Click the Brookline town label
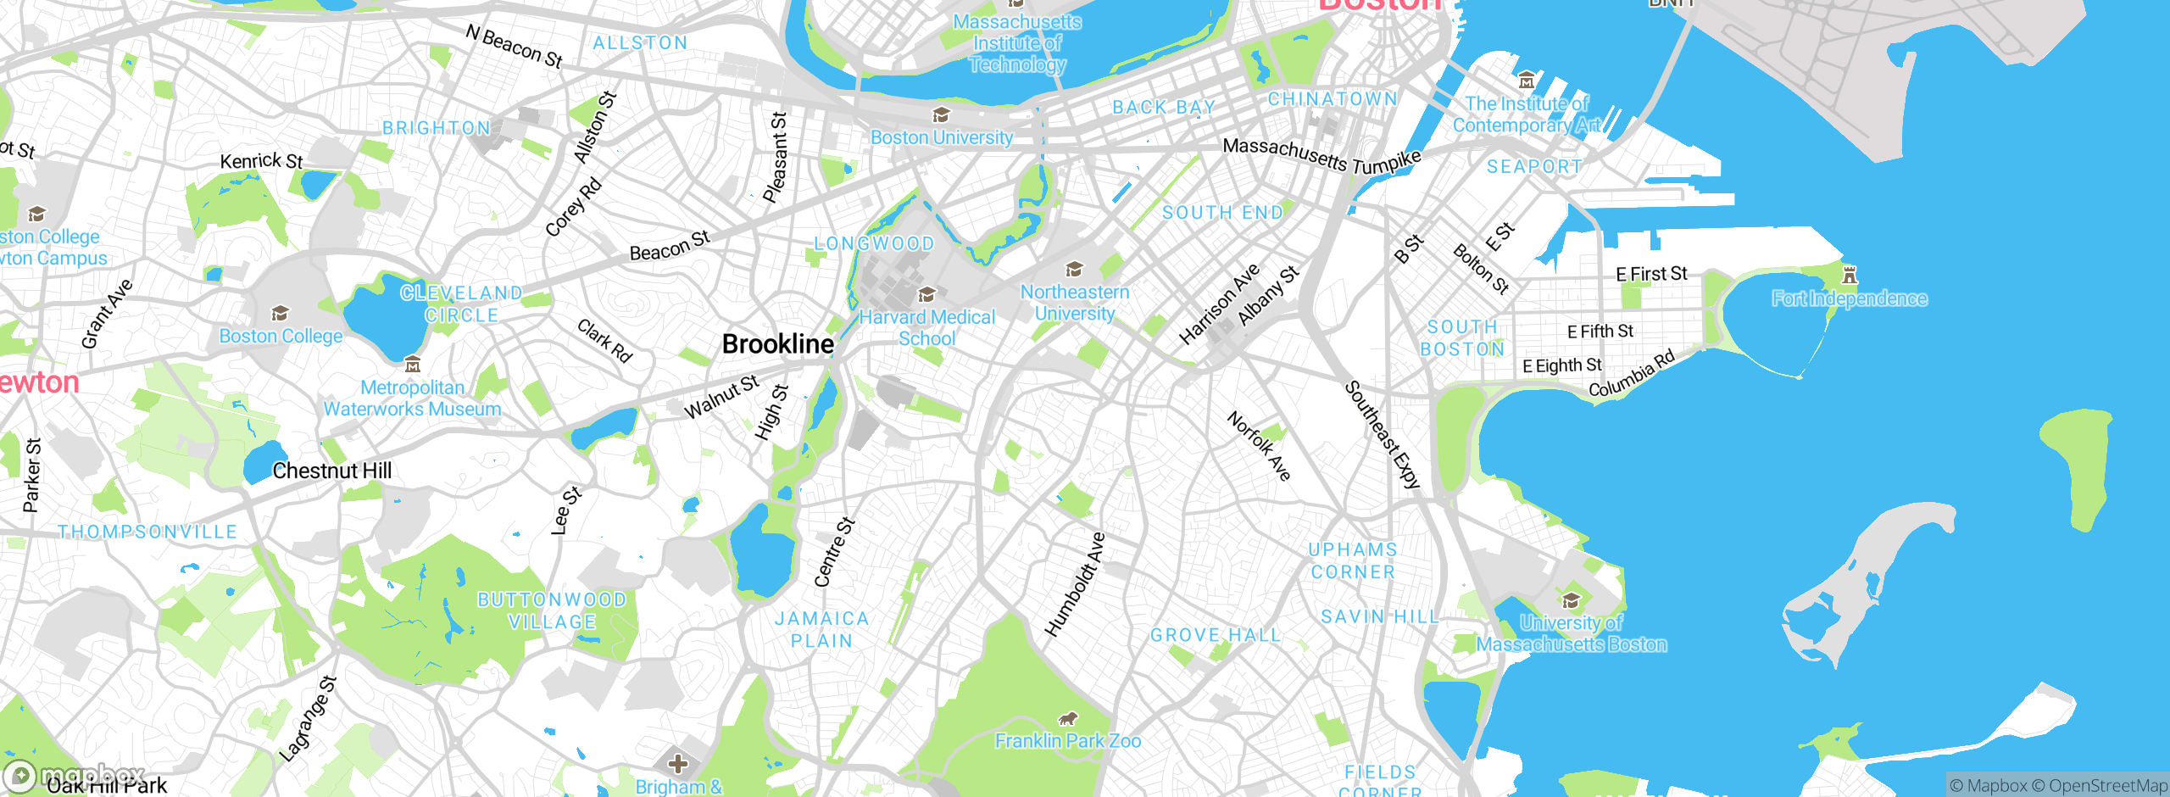click(x=777, y=344)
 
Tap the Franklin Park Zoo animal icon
click(x=1068, y=719)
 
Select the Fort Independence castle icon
click(x=1850, y=275)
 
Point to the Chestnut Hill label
click(x=331, y=471)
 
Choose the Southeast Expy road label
click(x=1382, y=435)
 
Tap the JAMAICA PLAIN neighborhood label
click(x=821, y=630)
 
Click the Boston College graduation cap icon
click(x=280, y=315)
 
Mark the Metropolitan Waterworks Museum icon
click(x=413, y=365)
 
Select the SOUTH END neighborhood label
click(x=1222, y=213)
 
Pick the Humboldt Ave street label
click(x=1075, y=585)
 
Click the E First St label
click(x=1651, y=274)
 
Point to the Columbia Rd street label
click(x=1631, y=373)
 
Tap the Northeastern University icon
click(x=1075, y=270)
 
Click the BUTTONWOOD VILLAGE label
click(x=552, y=610)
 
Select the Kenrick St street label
click(x=261, y=160)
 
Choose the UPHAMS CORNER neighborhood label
click(x=1353, y=560)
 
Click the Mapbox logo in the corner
click(x=75, y=775)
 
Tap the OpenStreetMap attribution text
click(x=2107, y=786)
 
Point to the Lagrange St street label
click(x=308, y=719)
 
